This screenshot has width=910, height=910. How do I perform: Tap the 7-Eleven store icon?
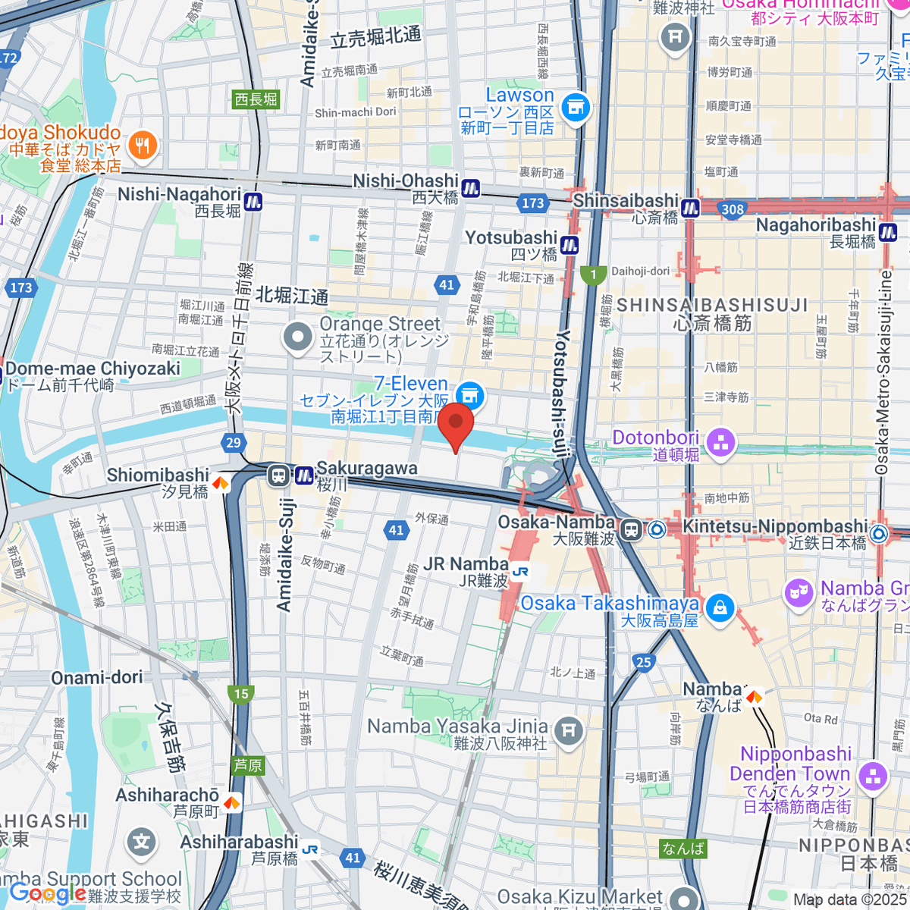[x=470, y=394]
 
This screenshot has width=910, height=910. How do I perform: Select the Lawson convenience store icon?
[x=576, y=107]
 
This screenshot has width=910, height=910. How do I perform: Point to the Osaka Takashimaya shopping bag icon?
[x=720, y=607]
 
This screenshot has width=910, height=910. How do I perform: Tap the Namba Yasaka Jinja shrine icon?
[x=569, y=731]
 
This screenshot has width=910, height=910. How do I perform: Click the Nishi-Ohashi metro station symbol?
[x=471, y=187]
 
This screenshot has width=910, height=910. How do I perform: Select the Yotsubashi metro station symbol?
[x=570, y=245]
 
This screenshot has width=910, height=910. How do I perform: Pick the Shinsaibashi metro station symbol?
[x=690, y=207]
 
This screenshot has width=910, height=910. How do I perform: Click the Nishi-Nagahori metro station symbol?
[x=253, y=202]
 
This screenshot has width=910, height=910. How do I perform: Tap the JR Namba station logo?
[x=519, y=572]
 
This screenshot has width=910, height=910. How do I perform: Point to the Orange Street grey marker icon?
[x=297, y=337]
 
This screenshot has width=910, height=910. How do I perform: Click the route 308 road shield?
[x=733, y=209]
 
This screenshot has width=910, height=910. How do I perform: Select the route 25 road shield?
[x=644, y=662]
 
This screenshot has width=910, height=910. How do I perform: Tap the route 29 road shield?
[x=233, y=443]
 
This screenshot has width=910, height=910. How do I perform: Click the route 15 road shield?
[x=241, y=693]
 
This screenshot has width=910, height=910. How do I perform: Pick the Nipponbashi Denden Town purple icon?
[x=873, y=775]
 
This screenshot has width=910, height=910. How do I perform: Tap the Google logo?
[x=47, y=893]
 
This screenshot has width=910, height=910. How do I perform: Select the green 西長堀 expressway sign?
[x=256, y=99]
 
